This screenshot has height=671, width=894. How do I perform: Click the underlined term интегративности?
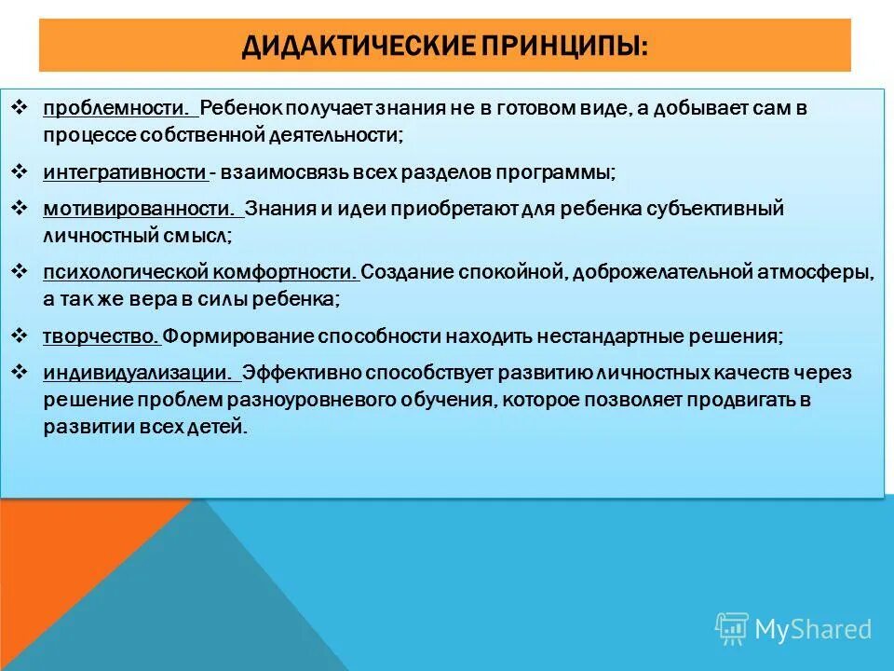pyautogui.click(x=124, y=173)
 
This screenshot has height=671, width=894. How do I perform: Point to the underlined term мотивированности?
pyautogui.click(x=137, y=209)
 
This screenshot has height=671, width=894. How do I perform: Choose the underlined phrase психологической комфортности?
pyautogui.click(x=198, y=273)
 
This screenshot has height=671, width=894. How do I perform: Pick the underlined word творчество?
pyautogui.click(x=101, y=336)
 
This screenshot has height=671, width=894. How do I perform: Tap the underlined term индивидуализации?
pyautogui.click(x=137, y=373)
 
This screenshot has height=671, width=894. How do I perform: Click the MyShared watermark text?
pyautogui.click(x=813, y=629)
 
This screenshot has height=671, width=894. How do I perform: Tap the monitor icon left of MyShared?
pyautogui.click(x=732, y=628)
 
